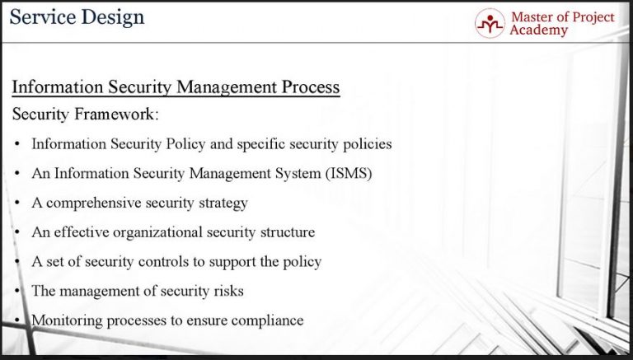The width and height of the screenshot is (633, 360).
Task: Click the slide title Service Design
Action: (x=77, y=16)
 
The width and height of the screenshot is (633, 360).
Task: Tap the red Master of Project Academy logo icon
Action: (x=489, y=22)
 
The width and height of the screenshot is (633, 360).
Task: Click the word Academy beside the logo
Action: (x=539, y=30)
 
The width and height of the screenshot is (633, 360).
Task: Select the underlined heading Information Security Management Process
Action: (x=176, y=86)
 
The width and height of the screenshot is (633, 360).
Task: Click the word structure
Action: (x=285, y=232)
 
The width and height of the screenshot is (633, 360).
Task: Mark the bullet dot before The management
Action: (x=18, y=291)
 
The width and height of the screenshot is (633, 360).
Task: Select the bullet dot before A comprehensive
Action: (x=18, y=203)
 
